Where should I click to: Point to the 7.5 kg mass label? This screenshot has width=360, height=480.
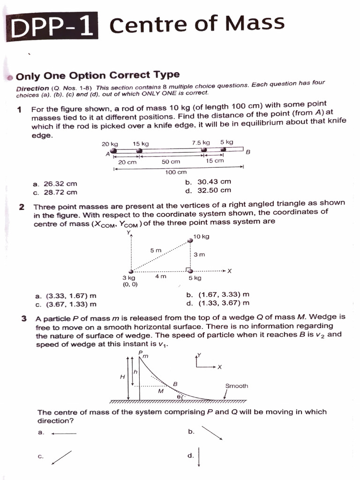(x=201, y=142)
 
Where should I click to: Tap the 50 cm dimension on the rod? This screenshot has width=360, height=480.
(x=171, y=161)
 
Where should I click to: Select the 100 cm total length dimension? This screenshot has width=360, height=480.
(x=176, y=172)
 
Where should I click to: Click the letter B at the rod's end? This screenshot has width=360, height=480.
(x=248, y=152)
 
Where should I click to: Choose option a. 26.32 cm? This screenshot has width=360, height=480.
(x=55, y=184)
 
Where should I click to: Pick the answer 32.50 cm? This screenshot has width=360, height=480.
(x=209, y=190)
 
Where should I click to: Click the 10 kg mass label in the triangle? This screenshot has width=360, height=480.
(x=202, y=237)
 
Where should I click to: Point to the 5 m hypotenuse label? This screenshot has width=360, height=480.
(x=156, y=251)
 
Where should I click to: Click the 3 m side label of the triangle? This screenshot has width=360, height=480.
(x=199, y=255)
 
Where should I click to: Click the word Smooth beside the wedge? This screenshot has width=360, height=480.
(x=236, y=386)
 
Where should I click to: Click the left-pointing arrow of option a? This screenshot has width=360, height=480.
(x=64, y=434)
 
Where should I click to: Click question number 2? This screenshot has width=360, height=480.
(x=22, y=207)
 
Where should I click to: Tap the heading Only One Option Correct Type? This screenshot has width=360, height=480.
(x=97, y=75)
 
